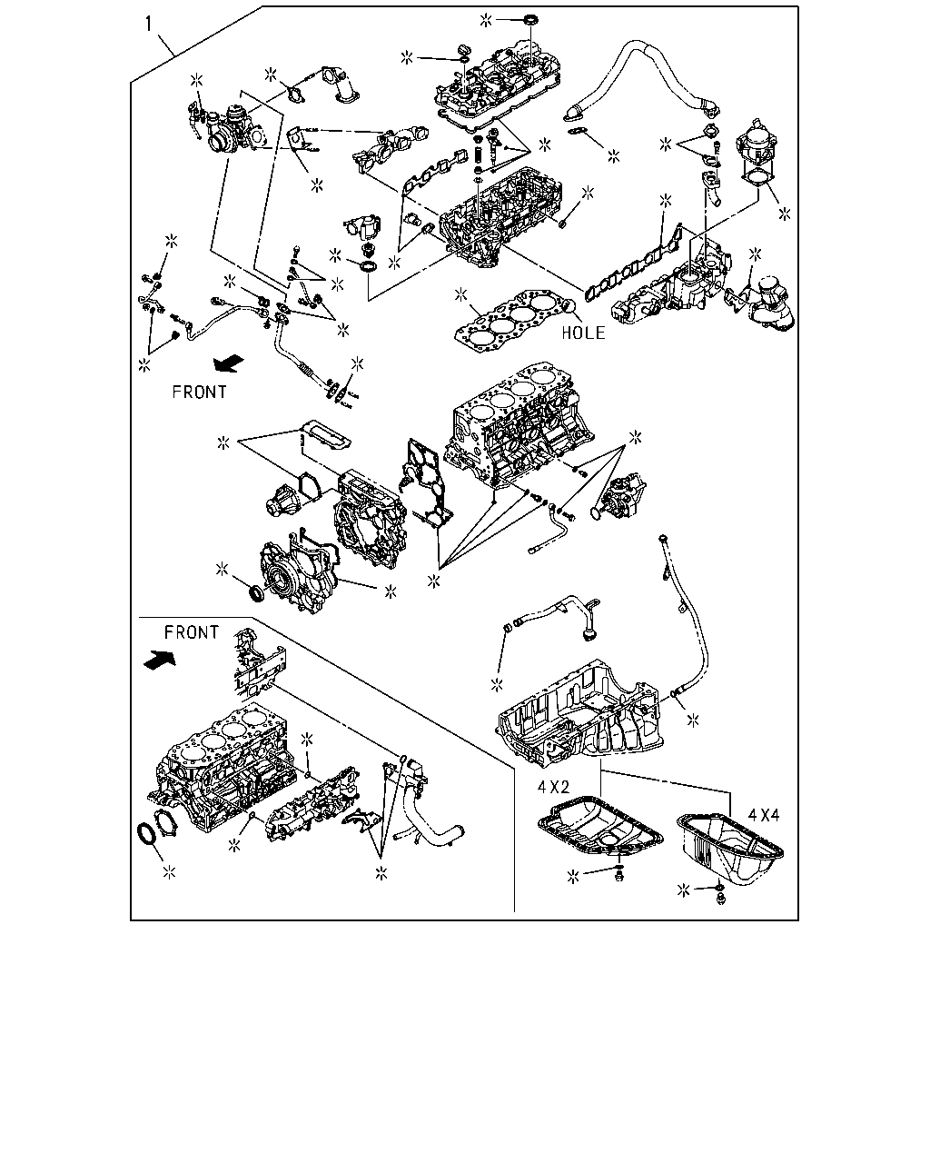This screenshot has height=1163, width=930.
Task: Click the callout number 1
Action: tap(149, 25)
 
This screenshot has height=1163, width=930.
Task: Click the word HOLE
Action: tap(584, 333)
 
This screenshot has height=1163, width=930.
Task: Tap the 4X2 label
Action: tap(553, 787)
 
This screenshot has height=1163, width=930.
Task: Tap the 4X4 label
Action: tap(764, 815)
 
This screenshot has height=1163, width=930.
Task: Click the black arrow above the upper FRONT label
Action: tap(229, 363)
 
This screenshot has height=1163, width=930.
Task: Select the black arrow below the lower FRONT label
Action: tap(160, 659)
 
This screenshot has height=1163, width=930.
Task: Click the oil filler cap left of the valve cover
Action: tap(463, 51)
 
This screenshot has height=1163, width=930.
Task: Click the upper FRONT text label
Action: tap(200, 392)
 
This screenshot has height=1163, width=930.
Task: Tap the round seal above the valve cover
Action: tap(531, 21)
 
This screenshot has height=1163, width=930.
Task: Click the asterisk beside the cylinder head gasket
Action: tap(460, 294)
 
